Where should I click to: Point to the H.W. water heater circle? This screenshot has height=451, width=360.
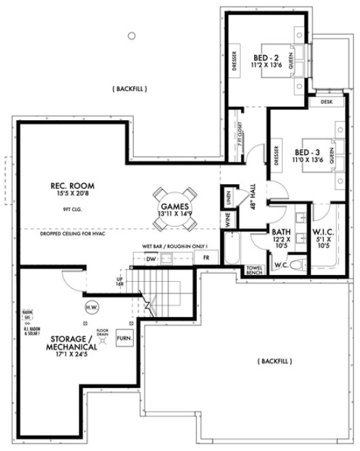(x=91, y=308)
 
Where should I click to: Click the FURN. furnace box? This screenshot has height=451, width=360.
(x=124, y=337)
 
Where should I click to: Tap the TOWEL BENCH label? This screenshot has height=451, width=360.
(x=254, y=271)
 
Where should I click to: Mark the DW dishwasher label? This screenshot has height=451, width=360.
(x=152, y=259)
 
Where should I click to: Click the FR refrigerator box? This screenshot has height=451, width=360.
(x=206, y=258)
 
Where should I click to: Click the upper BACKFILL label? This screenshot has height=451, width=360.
(x=130, y=89)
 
